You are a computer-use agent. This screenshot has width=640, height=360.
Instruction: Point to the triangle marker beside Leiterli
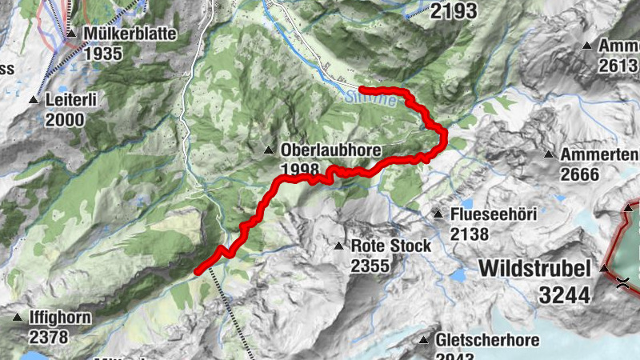pyautogui.click(x=34, y=101)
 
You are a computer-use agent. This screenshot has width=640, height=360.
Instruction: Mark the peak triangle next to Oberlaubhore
pyautogui.click(x=269, y=150)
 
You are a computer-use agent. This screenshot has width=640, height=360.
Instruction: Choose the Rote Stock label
pyautogui.click(x=391, y=246)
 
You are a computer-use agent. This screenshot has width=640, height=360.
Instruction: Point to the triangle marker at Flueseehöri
pyautogui.click(x=438, y=214)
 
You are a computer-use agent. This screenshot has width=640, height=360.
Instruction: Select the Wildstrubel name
pyautogui.click(x=535, y=268)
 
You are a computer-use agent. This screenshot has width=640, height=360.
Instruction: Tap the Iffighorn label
pyautogui.click(x=61, y=318)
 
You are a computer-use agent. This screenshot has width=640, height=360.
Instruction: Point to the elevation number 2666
pyautogui.click(x=582, y=174)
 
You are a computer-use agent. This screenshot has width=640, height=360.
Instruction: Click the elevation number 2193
pyautogui.click(x=454, y=11)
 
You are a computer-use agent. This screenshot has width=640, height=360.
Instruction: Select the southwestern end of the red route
pyautogui.click(x=198, y=272)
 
